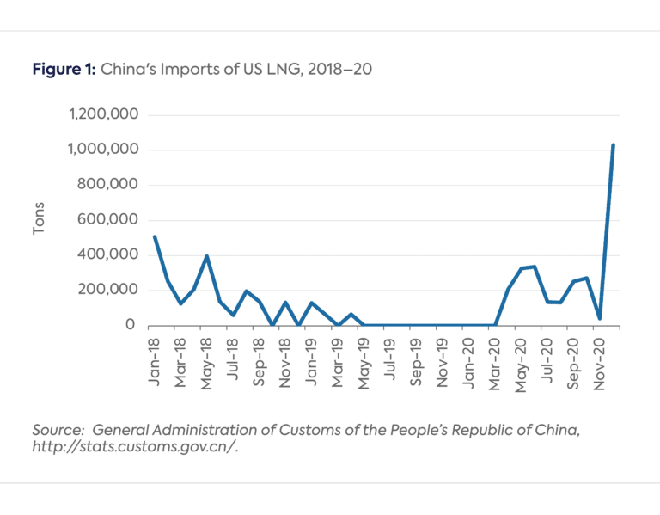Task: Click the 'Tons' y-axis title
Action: [40, 220]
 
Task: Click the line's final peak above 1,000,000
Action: [613, 145]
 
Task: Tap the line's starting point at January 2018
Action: [154, 236]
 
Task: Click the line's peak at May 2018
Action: [207, 256]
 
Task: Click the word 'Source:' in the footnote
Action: [58, 429]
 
